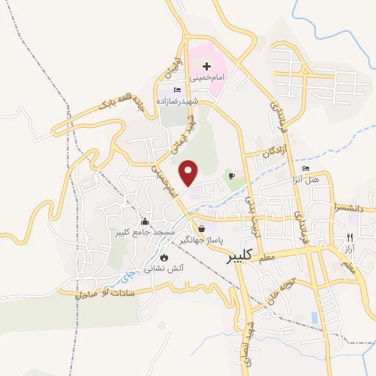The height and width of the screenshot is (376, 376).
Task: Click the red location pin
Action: tap(190, 172)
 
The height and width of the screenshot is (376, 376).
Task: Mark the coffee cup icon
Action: tap(231, 176)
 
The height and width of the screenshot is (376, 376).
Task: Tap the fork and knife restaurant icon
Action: tap(350, 237)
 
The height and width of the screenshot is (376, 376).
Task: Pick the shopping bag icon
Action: tap(201, 228)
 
